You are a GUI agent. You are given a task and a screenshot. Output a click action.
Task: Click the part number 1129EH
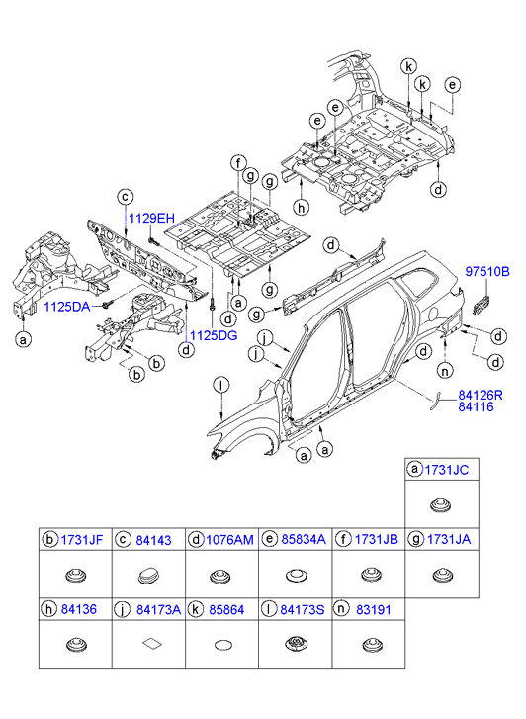pos(151,218)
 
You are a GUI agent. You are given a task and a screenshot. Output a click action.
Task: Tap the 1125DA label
pos(67,307)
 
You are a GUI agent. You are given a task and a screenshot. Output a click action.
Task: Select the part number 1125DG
pos(214,336)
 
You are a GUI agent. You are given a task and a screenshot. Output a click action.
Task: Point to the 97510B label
pos(487,272)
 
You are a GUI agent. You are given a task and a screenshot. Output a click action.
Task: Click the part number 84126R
pos(481,395)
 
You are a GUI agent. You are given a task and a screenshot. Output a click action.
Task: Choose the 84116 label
pos(476,406)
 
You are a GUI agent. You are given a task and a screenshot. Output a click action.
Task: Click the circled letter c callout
pos(125,198)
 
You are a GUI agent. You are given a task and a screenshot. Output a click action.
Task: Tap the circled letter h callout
pos(301,208)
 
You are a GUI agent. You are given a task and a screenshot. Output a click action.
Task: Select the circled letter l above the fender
pos(221,386)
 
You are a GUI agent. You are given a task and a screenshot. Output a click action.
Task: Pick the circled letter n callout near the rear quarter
pos(445,370)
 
